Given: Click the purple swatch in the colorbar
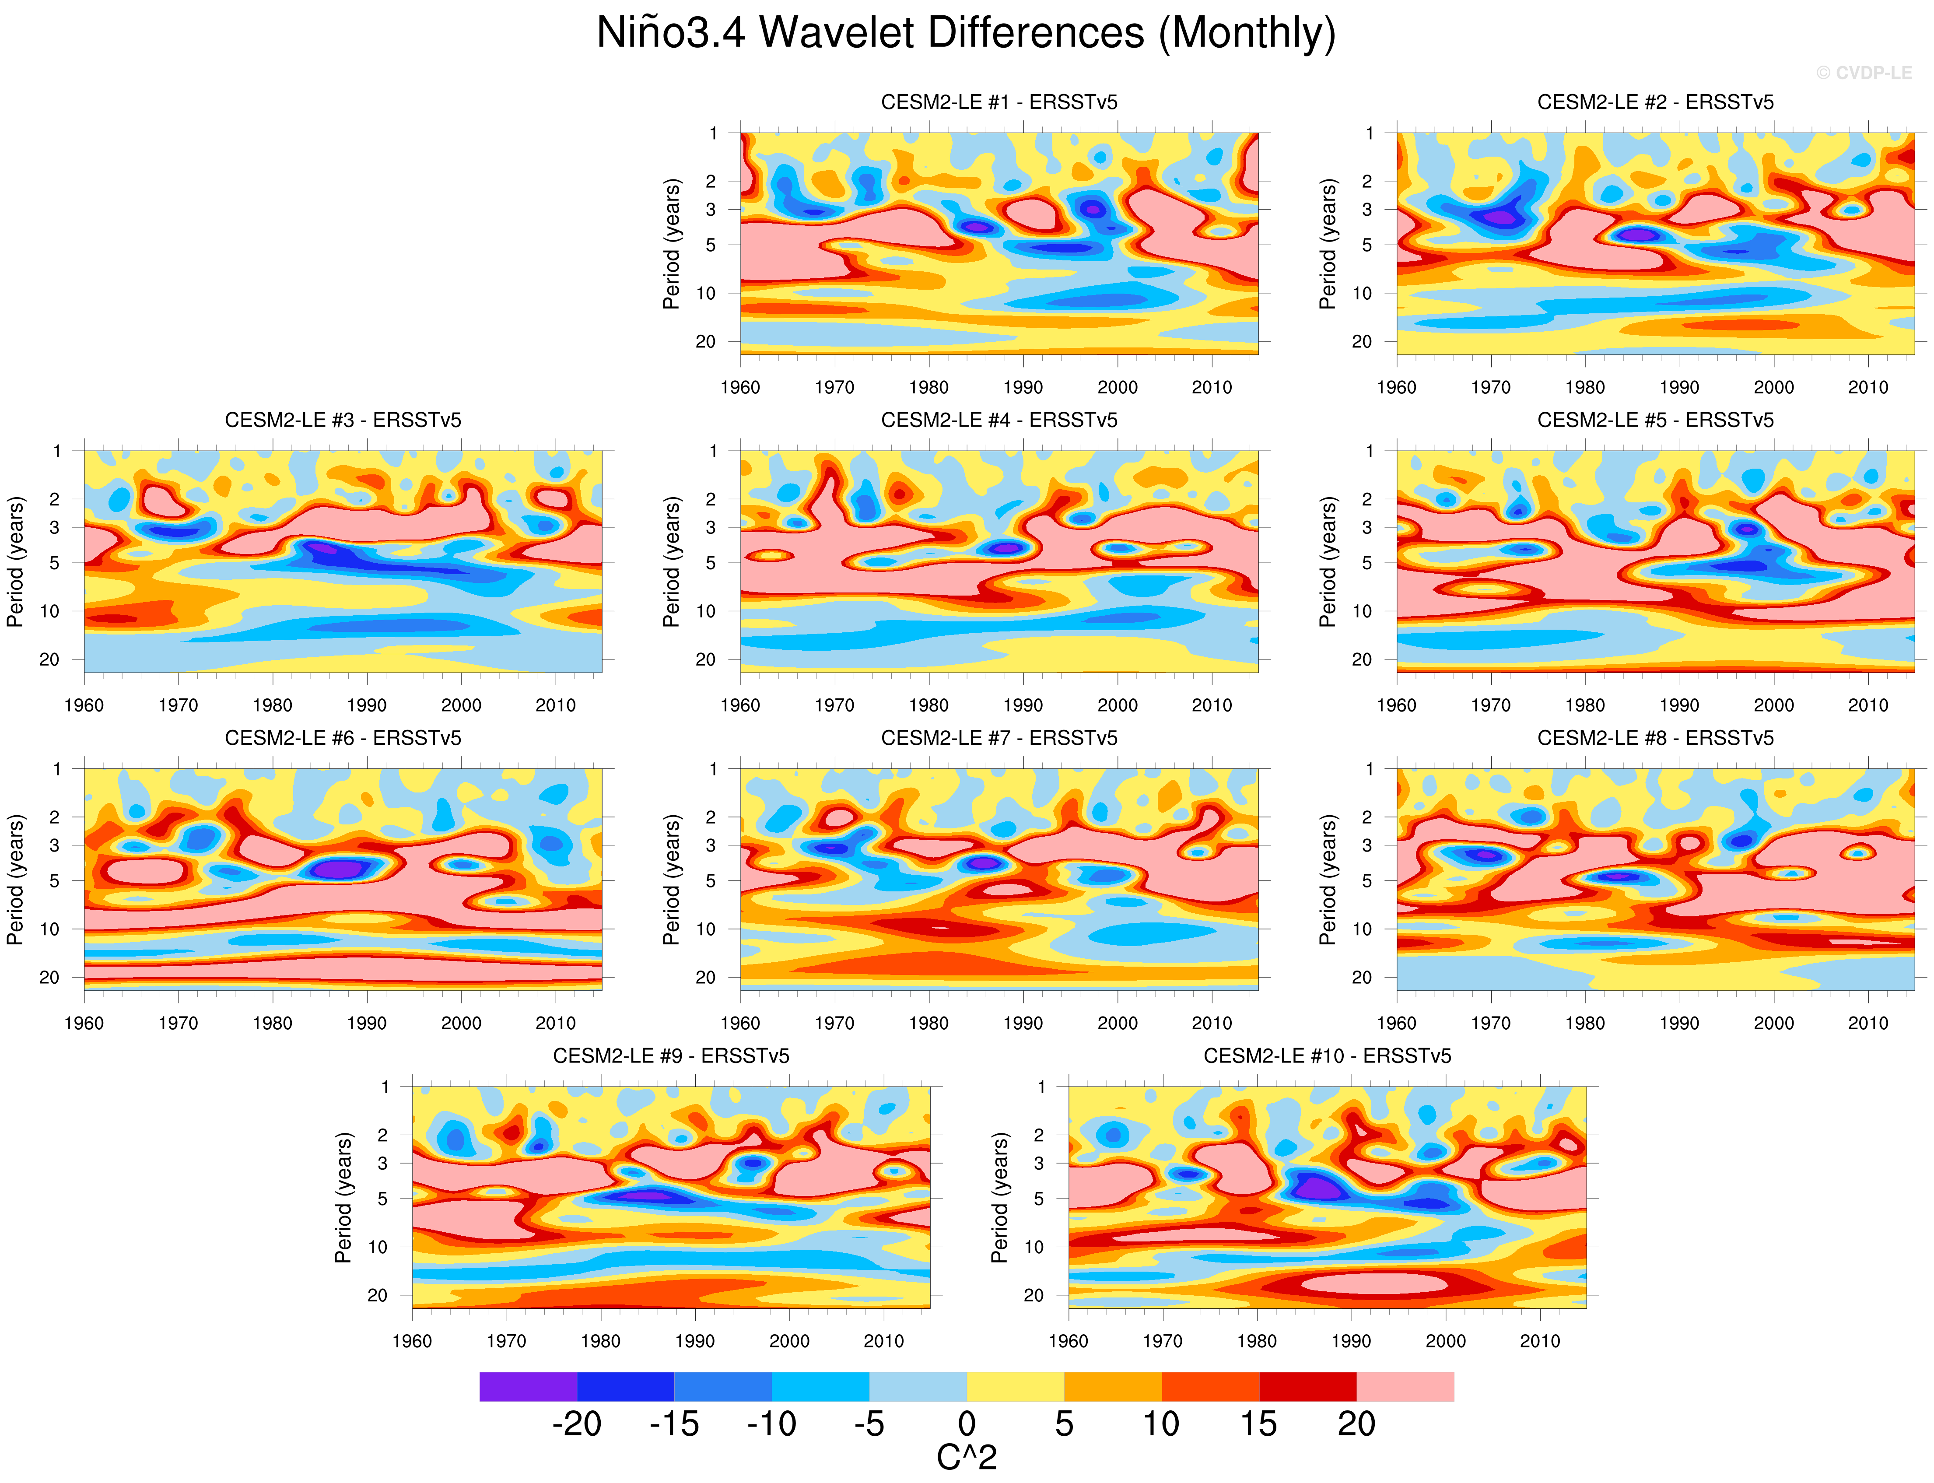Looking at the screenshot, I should point(528,1387).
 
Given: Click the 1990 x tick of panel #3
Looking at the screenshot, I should point(366,705).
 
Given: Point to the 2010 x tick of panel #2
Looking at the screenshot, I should point(1868,388).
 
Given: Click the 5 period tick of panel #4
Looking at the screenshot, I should point(711,562).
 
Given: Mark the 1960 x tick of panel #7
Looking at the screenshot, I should point(740,1023).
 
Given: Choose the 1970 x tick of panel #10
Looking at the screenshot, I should point(1163,1341).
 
